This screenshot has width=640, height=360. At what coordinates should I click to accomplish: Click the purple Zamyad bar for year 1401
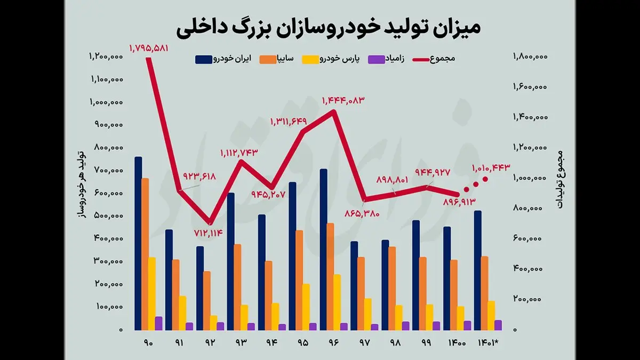(x=498, y=325)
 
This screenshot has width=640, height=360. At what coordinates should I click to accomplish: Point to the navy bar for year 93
(x=231, y=261)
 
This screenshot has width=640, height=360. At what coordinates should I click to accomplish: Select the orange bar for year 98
(x=393, y=288)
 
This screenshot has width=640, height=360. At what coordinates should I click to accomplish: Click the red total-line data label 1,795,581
(x=149, y=49)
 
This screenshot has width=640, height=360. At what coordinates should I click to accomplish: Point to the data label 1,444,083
(x=343, y=100)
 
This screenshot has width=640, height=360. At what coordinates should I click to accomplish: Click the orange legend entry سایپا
(x=277, y=59)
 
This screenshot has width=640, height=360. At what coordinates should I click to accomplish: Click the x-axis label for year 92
(x=210, y=343)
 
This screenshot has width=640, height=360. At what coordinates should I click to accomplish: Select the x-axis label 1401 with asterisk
(x=489, y=343)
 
